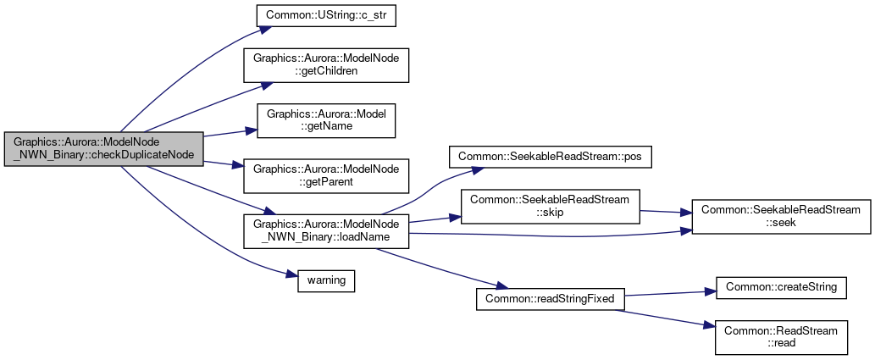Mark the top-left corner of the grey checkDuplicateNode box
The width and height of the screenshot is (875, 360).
[4, 132]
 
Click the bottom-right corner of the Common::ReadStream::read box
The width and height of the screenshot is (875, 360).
[848, 354]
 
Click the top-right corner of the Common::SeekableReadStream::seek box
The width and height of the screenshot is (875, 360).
[871, 199]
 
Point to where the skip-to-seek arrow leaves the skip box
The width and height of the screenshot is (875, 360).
[640, 210]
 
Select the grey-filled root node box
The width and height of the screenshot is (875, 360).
[103, 149]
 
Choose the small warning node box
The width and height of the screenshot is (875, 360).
[326, 280]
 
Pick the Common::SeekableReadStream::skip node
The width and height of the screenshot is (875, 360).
[550, 207]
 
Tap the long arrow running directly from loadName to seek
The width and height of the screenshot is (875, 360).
[551, 235]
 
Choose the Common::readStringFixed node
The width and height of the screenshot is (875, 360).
[551, 299]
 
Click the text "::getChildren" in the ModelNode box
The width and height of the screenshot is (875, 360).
[326, 71]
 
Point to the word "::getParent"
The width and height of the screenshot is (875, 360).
[326, 182]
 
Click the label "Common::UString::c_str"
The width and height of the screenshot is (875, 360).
[326, 15]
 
